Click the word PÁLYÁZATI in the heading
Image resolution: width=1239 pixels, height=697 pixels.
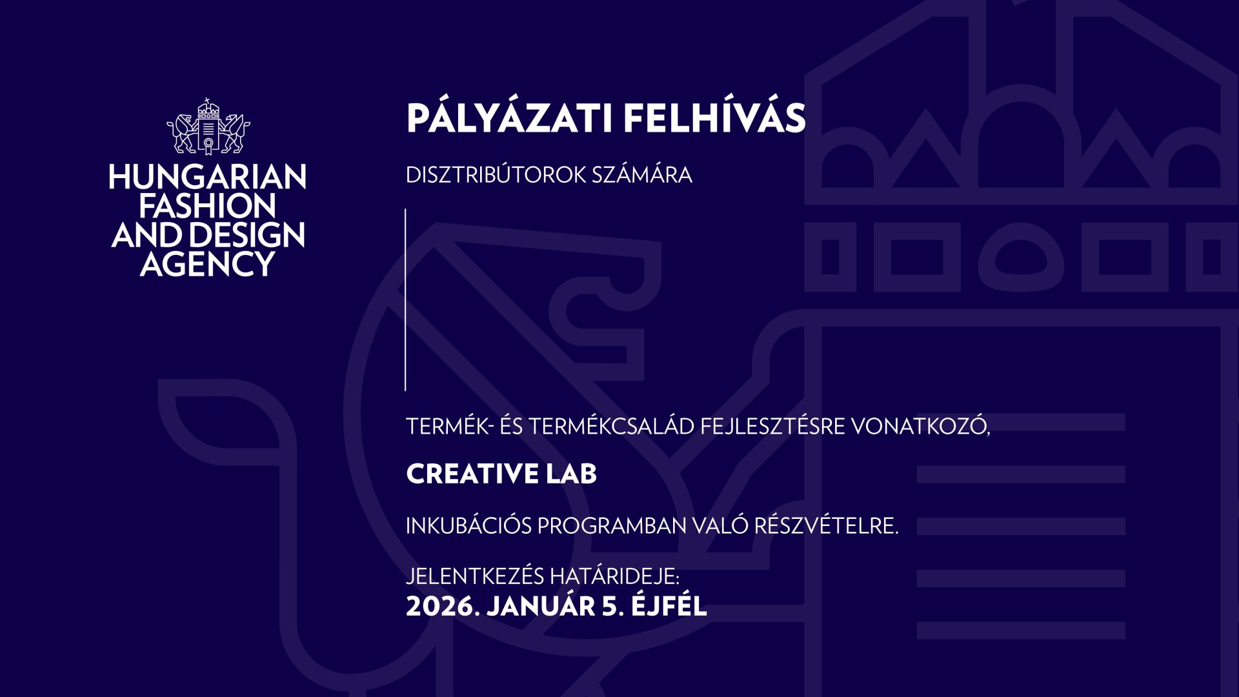(509, 119)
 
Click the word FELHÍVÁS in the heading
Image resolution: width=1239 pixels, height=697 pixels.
(714, 119)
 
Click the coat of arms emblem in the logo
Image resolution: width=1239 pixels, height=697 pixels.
(208, 127)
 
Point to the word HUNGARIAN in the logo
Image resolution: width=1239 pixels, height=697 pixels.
(208, 177)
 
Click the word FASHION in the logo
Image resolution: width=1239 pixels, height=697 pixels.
(208, 207)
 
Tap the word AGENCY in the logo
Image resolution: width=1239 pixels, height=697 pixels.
(208, 265)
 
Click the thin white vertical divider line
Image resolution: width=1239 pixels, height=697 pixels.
(405, 300)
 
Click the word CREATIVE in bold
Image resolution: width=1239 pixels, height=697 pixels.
(472, 474)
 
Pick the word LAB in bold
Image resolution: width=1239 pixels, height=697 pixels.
(571, 474)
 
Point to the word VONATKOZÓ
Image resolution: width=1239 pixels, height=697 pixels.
(920, 427)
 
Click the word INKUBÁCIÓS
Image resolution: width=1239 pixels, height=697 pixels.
(468, 527)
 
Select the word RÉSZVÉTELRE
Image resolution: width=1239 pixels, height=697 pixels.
(826, 527)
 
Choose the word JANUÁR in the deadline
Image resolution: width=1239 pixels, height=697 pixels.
(541, 607)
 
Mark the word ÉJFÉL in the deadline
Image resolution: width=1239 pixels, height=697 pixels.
(669, 607)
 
